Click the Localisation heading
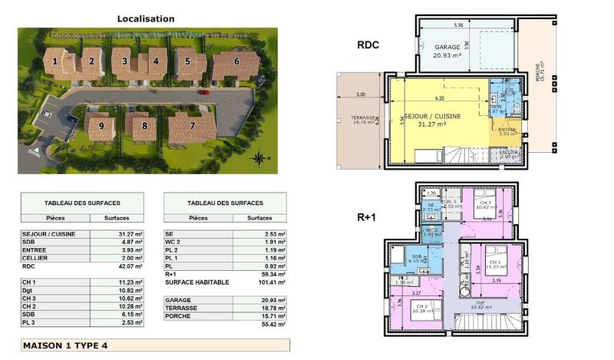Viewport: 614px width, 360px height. point(145,18)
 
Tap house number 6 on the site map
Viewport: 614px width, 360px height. point(236,61)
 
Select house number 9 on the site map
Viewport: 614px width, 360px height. point(100,125)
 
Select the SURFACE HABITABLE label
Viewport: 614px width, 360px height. point(196,282)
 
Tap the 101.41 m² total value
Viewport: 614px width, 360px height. point(272,282)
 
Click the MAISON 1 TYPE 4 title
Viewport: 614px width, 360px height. point(65,345)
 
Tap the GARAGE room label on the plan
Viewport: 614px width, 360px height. point(447,47)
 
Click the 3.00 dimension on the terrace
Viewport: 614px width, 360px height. point(360,94)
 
